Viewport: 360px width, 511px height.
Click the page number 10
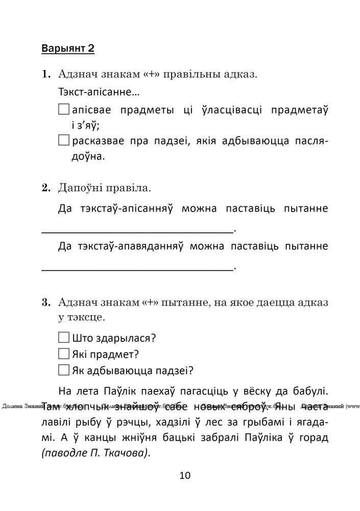[x=185, y=476]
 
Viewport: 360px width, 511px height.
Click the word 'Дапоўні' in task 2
[x=80, y=188]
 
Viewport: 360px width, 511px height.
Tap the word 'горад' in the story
[x=313, y=438]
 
